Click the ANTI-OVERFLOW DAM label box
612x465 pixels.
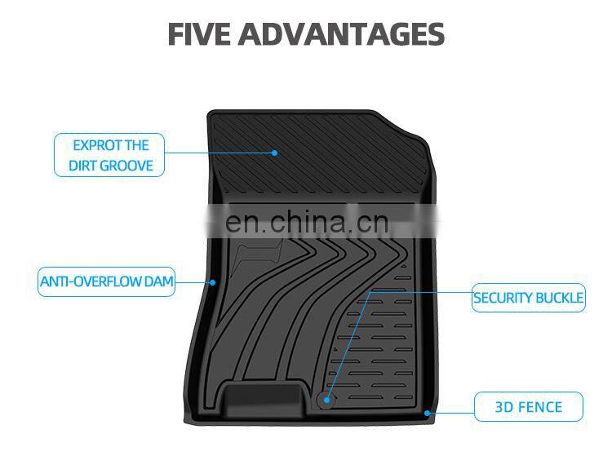[107, 282]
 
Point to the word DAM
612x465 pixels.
[158, 282]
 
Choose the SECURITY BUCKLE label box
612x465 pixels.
[529, 298]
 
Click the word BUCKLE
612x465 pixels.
[558, 298]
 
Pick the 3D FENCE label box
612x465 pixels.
[529, 406]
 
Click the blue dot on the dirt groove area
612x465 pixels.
[275, 153]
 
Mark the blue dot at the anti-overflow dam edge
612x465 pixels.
[213, 282]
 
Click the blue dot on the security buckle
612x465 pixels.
[326, 400]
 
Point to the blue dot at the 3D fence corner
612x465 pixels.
[427, 413]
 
